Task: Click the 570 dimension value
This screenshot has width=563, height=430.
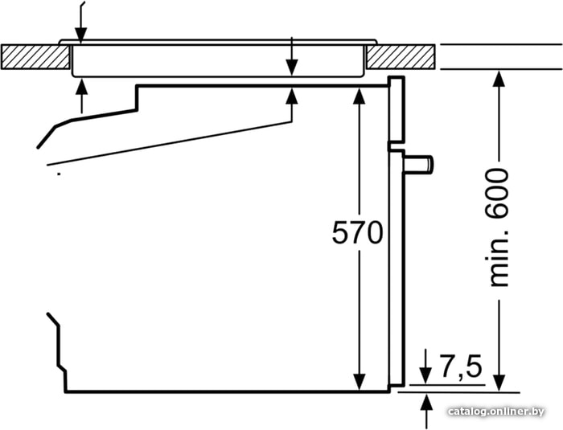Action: point(358,232)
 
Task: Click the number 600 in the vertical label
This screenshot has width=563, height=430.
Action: point(498,193)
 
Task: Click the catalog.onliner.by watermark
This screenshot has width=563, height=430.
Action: point(496,412)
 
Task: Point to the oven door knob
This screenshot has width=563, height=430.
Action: point(419,164)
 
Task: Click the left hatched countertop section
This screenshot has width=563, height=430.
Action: point(35,57)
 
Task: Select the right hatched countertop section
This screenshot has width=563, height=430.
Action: point(401,57)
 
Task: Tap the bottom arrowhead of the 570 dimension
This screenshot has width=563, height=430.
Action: point(359,382)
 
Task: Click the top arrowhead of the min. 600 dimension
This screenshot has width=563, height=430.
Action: point(499,80)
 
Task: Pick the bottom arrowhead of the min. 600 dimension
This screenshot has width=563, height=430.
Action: point(499,383)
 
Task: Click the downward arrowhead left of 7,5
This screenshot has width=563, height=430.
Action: point(425,375)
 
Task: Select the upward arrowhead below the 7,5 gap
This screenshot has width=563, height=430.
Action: point(427,402)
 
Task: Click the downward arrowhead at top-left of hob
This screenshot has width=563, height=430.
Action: point(80,36)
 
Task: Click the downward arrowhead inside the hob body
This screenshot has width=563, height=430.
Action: point(292,68)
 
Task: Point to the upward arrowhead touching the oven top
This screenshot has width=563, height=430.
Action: point(292,96)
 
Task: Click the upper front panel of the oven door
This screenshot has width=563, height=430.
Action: point(397,109)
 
